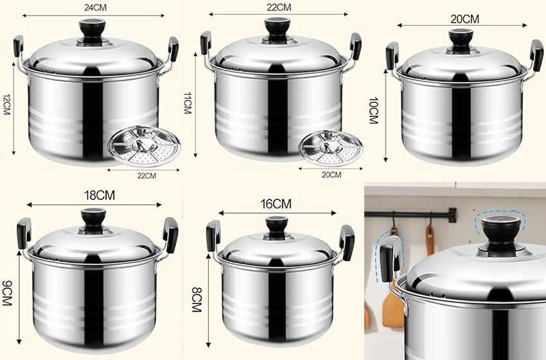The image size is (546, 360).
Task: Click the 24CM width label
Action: point(96,8)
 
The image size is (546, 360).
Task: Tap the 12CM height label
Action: point(6,105)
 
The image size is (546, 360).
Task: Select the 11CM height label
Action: point(187,103)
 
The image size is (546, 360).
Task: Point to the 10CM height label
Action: point(373,111)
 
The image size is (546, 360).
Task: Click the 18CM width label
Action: point(100,195)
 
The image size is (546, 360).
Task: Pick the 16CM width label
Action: point(276,204)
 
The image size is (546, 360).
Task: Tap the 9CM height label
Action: point(6,293)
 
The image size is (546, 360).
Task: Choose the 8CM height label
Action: point(197,300)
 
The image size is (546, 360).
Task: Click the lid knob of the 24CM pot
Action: point(92,31)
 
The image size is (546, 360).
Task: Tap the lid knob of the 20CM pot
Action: point(461,39)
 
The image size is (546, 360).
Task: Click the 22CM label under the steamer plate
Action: point(146,176)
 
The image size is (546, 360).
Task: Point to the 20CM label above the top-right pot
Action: point(464,19)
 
